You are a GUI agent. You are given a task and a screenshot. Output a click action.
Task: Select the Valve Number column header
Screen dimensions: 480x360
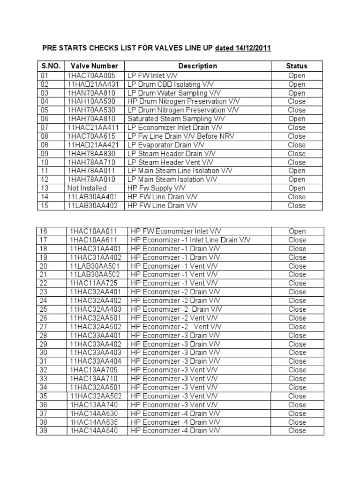(x=94, y=66)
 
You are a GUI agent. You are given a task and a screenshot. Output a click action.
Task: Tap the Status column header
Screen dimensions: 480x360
(x=296, y=66)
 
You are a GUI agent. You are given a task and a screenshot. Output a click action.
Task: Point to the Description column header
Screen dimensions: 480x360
(x=197, y=66)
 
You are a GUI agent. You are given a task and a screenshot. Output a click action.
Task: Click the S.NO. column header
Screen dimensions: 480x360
(x=50, y=66)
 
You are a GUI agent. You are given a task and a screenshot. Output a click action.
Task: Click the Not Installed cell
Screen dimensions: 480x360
(x=87, y=188)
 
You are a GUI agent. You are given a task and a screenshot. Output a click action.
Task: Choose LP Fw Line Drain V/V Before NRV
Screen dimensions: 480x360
(x=180, y=136)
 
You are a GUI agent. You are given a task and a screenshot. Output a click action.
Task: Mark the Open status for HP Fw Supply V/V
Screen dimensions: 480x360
(x=296, y=188)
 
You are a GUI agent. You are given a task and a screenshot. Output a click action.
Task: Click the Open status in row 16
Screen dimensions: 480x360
(x=297, y=232)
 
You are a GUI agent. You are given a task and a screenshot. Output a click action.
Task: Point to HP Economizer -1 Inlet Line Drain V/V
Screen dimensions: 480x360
(x=191, y=240)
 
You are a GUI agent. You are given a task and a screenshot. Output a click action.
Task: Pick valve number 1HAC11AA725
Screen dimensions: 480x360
(x=94, y=284)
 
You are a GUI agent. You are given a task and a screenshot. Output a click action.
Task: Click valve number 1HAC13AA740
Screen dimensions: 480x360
(x=94, y=405)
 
